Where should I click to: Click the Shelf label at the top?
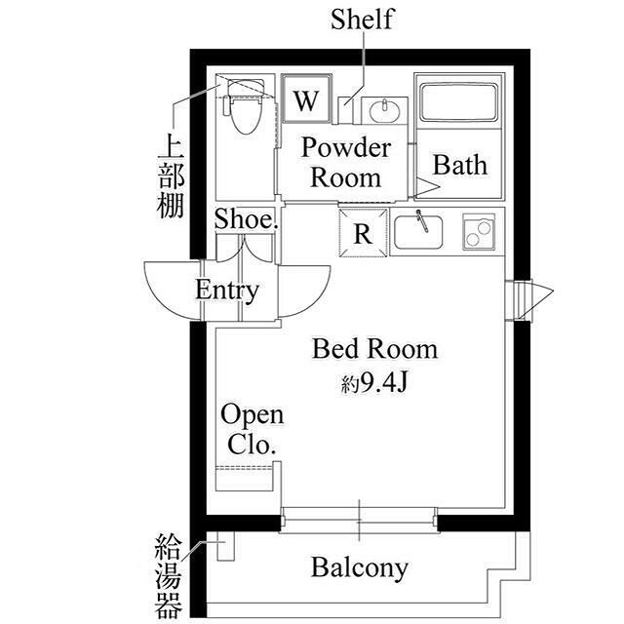click(x=362, y=19)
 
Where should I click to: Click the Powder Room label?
click(x=345, y=163)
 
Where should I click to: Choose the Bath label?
click(x=459, y=164)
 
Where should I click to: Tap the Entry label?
click(x=227, y=290)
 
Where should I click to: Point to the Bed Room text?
click(x=374, y=349)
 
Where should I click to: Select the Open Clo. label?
click(x=252, y=429)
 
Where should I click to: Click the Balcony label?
click(x=360, y=567)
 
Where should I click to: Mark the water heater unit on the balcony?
click(x=226, y=550)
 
